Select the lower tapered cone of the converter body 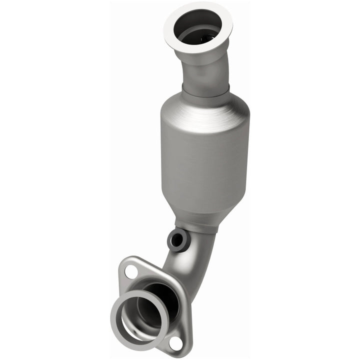point(197,212)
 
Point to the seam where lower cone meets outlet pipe point(195,227)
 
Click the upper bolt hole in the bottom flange point(131,271)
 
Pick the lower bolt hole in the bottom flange point(175,342)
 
